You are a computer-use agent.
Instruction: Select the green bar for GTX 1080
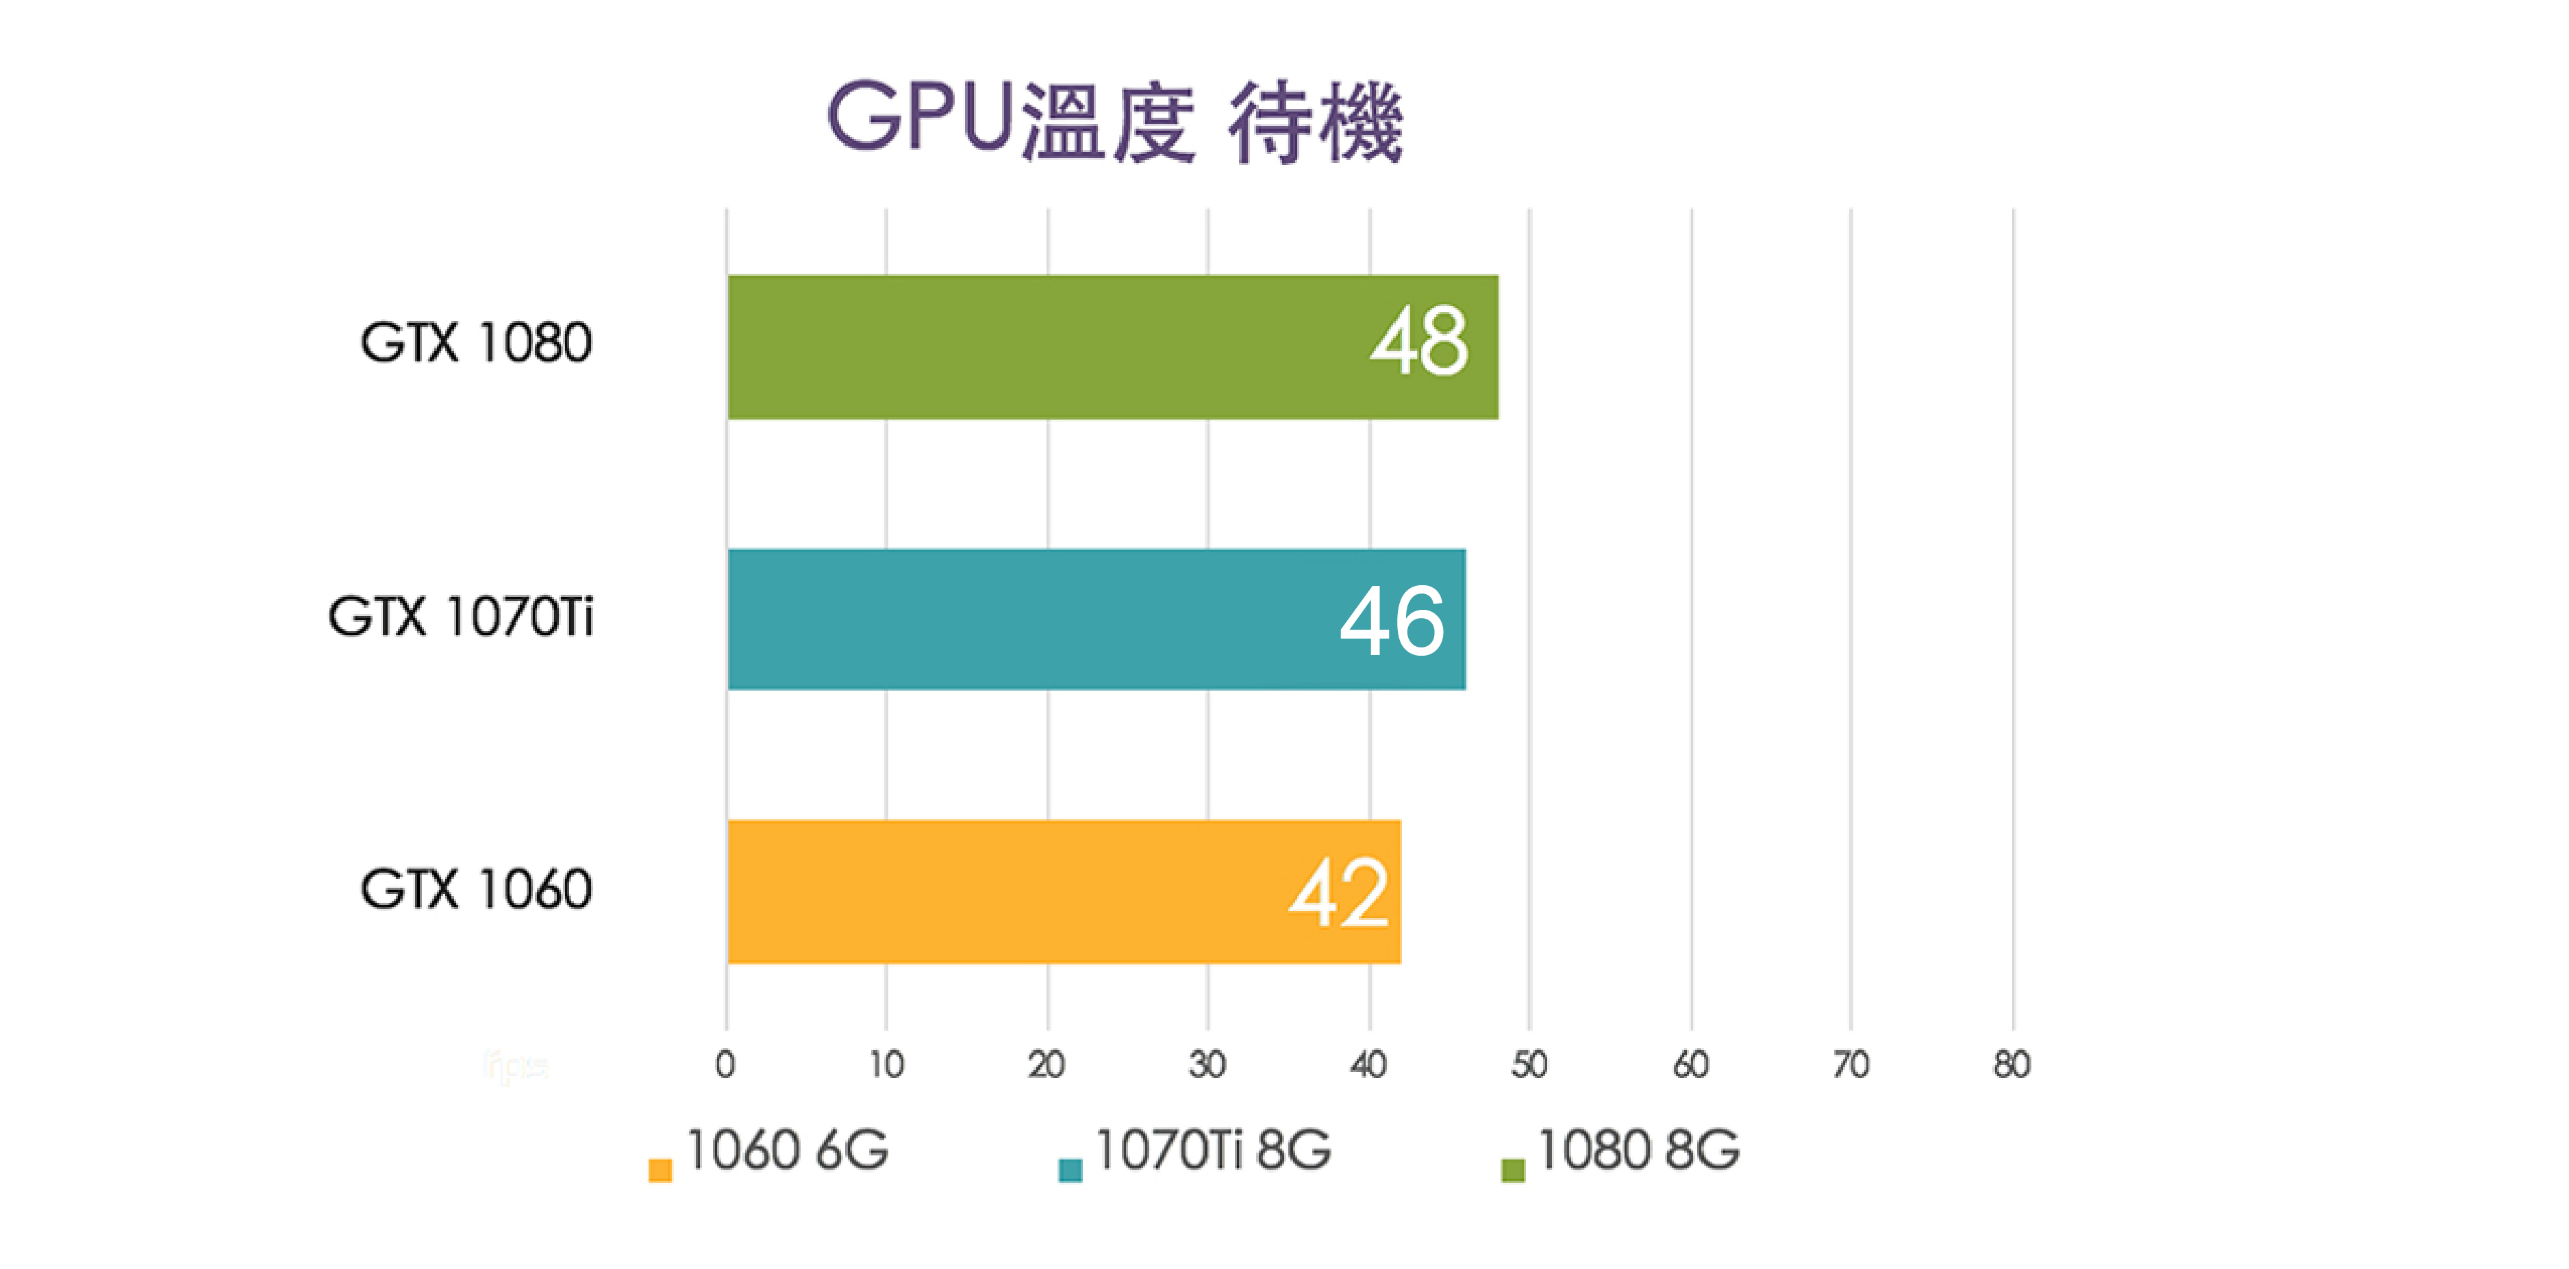(x=1047, y=347)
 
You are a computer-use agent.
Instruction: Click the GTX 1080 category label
(x=476, y=343)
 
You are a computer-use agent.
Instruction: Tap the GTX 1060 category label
(x=476, y=888)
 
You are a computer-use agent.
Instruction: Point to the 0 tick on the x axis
(x=725, y=1064)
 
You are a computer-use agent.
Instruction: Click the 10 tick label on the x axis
(x=886, y=1064)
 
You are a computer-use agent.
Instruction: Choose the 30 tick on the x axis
(x=1207, y=1064)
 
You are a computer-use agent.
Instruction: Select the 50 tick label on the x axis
(x=1529, y=1064)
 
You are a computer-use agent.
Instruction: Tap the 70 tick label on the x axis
(x=1851, y=1064)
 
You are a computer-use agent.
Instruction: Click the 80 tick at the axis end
(x=2012, y=1064)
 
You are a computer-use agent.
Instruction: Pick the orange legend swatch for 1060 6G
(x=660, y=1169)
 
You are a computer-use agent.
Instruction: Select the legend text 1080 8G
(x=1638, y=1151)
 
